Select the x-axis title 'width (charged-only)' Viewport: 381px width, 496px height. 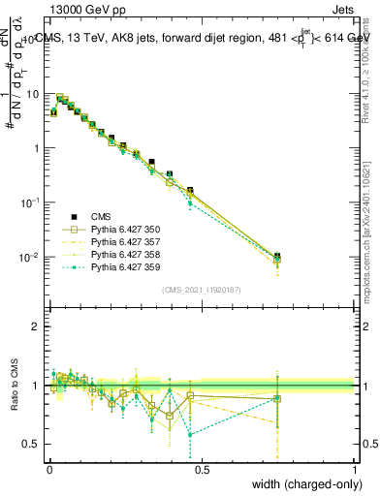pyautogui.click(x=303, y=485)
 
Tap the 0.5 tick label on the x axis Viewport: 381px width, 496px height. pyautogui.click(x=202, y=470)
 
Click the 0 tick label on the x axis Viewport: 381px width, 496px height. pyautogui.click(x=49, y=470)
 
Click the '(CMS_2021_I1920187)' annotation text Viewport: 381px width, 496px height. pyautogui.click(x=202, y=290)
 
